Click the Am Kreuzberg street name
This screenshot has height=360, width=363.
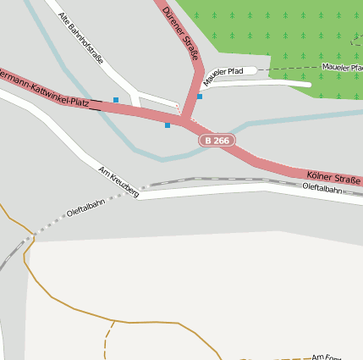pos(118,181)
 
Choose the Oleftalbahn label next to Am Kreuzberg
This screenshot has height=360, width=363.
pos(85,209)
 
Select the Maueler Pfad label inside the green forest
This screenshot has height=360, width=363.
pos(342,66)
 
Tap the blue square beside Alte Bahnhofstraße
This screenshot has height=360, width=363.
pos(116,100)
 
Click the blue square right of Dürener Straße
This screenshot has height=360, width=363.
pos(200,97)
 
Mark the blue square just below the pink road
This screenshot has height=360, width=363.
pos(168,125)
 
